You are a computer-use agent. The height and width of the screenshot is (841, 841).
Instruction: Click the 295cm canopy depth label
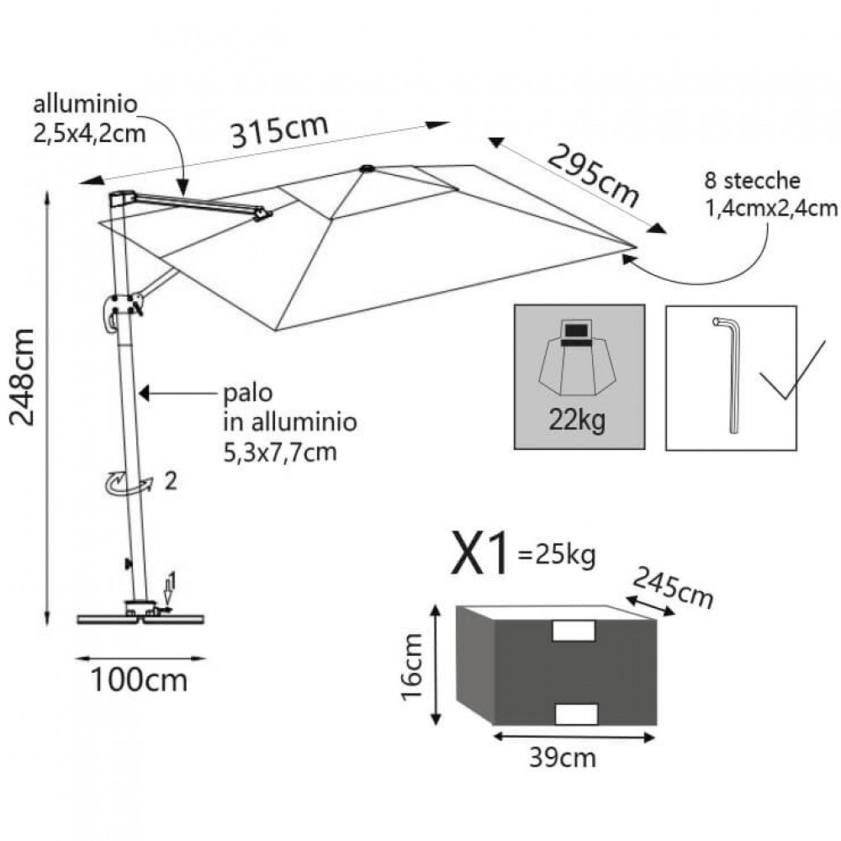coord(593,175)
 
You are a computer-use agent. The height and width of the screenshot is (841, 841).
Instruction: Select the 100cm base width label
coord(140,679)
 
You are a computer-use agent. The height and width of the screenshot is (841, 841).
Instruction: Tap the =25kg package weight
coord(557,555)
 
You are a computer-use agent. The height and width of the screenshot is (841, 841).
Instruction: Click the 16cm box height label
coord(412,667)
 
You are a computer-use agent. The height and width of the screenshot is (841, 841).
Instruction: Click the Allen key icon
coord(728,374)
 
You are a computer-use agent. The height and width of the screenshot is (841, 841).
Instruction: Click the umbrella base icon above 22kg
coord(578,359)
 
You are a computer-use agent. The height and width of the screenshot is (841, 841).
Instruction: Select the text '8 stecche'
coord(752,181)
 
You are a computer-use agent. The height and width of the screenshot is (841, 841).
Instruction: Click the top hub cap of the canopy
coord(368,169)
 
